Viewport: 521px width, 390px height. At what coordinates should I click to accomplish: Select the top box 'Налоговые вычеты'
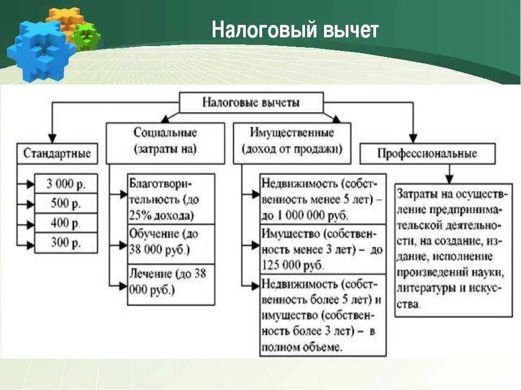point(251,102)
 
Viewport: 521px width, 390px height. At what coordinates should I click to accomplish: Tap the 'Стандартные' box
point(56,153)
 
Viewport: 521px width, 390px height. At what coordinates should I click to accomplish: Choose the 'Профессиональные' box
point(427,153)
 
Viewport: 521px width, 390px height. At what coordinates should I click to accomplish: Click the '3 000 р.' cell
point(66,184)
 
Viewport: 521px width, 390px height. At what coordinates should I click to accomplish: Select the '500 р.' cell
point(66,203)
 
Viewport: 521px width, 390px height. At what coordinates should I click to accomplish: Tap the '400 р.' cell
point(66,223)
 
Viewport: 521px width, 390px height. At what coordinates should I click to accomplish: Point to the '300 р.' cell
point(66,242)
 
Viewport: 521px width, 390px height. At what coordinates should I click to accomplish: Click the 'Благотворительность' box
point(171,199)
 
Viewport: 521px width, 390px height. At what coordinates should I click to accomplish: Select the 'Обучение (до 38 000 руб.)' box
point(171,243)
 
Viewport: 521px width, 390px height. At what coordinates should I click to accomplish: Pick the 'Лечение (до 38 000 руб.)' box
point(171,282)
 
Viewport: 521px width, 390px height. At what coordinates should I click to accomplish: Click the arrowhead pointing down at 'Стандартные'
point(52,138)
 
